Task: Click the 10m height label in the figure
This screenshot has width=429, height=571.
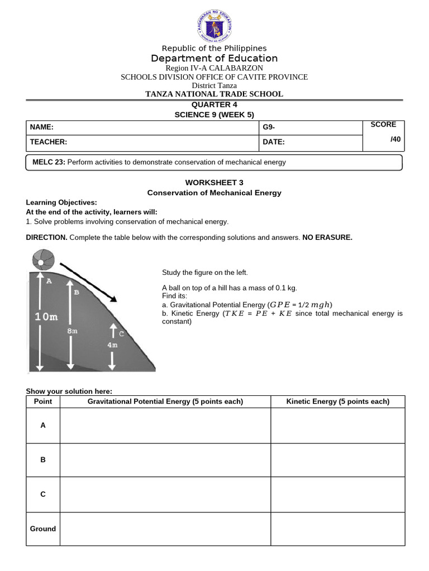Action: pos(46,317)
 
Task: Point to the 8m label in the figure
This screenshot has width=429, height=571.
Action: pos(72,331)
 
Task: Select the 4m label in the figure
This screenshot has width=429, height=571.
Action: pos(112,345)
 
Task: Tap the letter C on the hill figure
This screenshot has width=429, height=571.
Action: pos(121,333)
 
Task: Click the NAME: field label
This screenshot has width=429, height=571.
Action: pos(42,128)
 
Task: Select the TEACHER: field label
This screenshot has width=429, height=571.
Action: pos(49,142)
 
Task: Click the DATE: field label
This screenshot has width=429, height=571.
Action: pos(274,142)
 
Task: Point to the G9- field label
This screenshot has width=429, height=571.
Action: pos(269,128)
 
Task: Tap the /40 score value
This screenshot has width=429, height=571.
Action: pos(395,139)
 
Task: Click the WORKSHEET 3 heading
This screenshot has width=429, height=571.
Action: pos(214,182)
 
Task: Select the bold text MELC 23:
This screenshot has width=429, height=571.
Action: pos(49,162)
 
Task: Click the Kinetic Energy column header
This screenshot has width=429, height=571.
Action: pos(337,401)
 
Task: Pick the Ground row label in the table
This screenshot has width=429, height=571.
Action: pos(43,529)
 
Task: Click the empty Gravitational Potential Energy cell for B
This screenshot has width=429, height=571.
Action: pos(165,460)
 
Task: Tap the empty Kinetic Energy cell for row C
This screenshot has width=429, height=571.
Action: pos(337,495)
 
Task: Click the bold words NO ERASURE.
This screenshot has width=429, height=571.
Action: pos(327,238)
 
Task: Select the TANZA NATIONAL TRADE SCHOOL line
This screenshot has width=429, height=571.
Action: pos(214,94)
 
